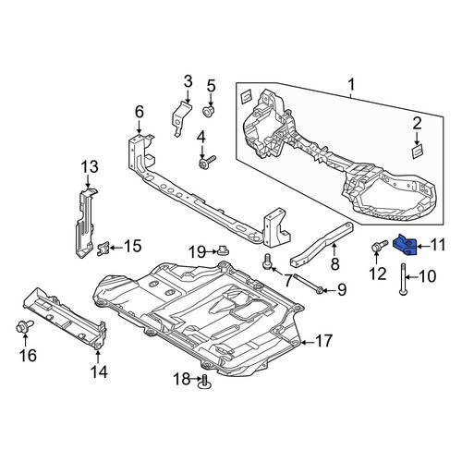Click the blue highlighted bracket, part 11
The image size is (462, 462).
click(x=406, y=245)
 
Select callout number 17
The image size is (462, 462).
click(x=323, y=341)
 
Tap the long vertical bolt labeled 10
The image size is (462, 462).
click(x=403, y=279)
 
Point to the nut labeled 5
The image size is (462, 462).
click(x=209, y=110)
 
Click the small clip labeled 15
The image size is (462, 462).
click(x=103, y=249)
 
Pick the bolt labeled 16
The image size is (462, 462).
click(x=24, y=327)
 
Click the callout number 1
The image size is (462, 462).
click(x=351, y=84)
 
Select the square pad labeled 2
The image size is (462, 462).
click(x=418, y=152)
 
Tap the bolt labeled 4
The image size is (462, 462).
click(x=207, y=162)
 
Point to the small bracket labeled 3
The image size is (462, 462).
click(x=181, y=118)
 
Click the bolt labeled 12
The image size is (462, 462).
click(x=380, y=246)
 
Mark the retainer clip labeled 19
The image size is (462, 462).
click(x=223, y=251)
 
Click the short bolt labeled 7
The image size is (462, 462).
click(x=268, y=262)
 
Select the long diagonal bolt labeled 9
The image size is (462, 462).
click(x=309, y=283)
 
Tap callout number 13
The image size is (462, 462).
click(x=90, y=167)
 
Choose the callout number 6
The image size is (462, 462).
click(x=140, y=112)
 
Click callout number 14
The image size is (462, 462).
click(x=99, y=371)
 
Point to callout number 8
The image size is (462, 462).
click(x=334, y=263)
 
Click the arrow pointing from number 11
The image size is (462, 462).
click(x=423, y=246)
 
